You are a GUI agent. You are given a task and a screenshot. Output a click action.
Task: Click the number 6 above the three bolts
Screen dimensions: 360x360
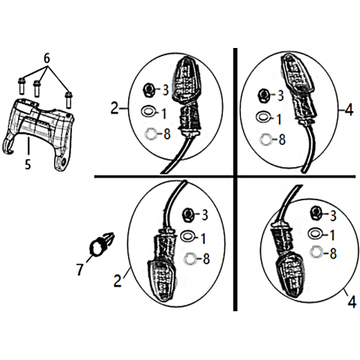point(46,59)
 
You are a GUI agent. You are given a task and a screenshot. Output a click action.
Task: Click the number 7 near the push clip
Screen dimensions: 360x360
point(79,269)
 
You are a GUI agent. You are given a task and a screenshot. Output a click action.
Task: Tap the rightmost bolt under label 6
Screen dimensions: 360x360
point(68,100)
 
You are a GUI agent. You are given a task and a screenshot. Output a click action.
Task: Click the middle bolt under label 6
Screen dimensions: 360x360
point(37,88)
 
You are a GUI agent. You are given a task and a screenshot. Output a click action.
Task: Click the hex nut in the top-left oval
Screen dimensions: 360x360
point(148,90)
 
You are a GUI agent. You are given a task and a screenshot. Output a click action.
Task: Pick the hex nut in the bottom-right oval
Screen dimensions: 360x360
point(316,214)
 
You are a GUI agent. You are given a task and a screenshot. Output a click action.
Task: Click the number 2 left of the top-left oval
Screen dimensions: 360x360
point(115,109)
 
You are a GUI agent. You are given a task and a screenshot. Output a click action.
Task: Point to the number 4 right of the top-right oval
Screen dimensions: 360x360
point(349,109)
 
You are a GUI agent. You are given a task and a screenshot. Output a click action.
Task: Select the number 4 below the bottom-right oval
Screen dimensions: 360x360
point(352,302)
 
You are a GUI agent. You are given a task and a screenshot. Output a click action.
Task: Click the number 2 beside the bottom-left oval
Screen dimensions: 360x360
point(118,280)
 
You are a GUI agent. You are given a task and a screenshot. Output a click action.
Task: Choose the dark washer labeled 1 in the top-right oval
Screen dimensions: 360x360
point(263,116)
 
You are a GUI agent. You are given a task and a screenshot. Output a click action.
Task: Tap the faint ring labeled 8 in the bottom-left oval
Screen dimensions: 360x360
point(190,259)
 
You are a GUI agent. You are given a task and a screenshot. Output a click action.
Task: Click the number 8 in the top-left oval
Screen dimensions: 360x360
point(167,134)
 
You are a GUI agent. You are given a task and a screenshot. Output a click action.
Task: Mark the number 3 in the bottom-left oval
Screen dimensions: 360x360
point(205,215)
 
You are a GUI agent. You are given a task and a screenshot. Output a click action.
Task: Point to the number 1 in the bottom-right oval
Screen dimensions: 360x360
point(332,235)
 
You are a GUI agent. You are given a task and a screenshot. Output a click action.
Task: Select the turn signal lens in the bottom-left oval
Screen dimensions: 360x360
point(162,280)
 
